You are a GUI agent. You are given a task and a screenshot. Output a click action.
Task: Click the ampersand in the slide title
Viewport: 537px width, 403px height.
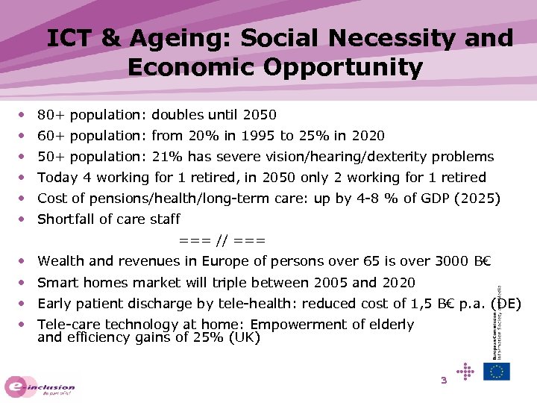[110, 38]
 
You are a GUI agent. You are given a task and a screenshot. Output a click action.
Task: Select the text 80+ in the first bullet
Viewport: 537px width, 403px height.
[49, 115]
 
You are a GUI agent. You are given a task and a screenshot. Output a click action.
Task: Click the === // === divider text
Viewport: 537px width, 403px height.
[222, 240]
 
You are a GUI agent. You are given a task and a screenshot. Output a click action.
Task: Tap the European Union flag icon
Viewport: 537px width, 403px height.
[497, 371]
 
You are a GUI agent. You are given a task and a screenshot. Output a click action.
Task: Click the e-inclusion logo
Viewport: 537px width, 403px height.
[40, 386]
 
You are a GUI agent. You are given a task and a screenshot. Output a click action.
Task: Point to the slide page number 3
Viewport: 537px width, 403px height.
[443, 381]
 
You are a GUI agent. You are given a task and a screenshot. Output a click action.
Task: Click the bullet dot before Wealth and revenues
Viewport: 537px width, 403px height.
[25, 261]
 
